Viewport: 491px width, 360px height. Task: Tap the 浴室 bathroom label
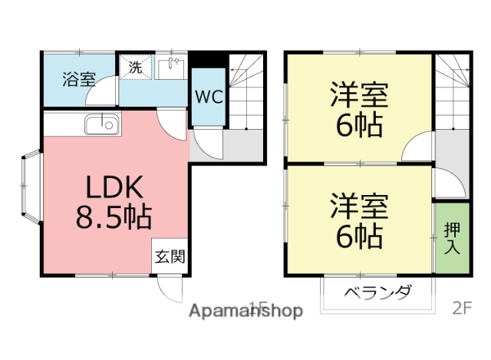pyautogui.click(x=78, y=78)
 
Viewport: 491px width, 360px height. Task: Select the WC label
pyautogui.click(x=207, y=97)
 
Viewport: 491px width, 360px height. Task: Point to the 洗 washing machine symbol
pyautogui.click(x=136, y=66)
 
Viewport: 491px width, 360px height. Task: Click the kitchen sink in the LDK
pyautogui.click(x=101, y=123)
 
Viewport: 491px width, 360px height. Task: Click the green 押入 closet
pyautogui.click(x=451, y=237)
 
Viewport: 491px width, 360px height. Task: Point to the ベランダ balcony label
pyautogui.click(x=377, y=292)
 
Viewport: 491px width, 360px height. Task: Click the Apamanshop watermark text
pyautogui.click(x=245, y=311)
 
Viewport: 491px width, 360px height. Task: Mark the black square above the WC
pyautogui.click(x=209, y=60)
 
